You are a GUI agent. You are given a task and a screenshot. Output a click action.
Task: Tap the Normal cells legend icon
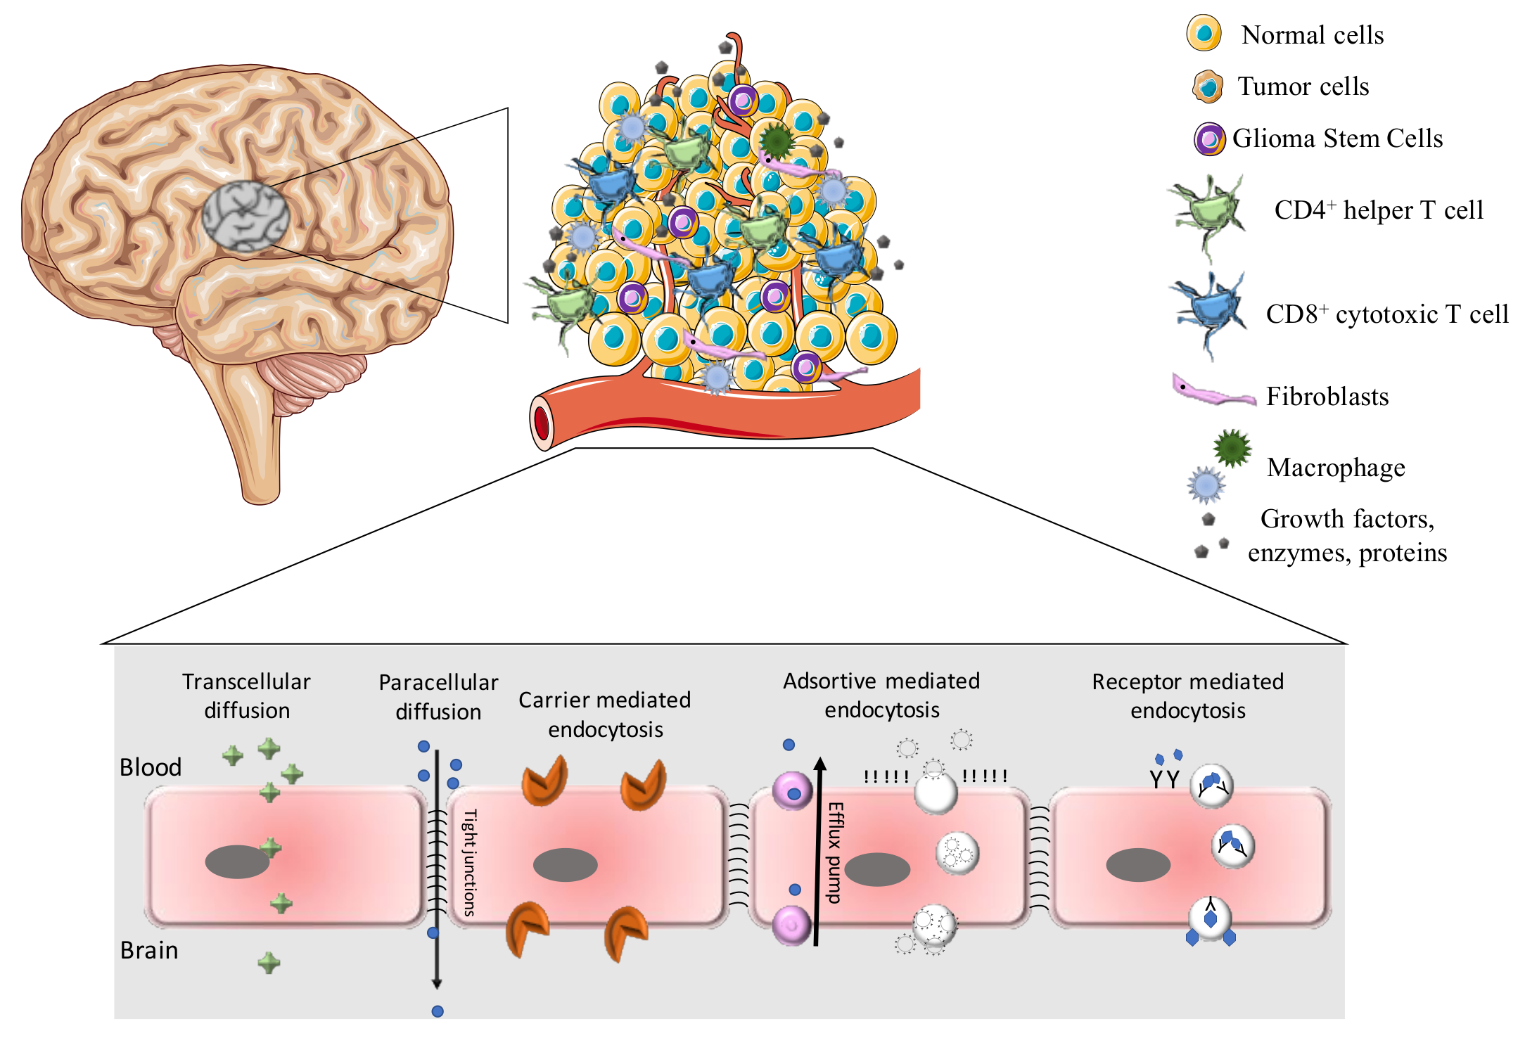click(x=1204, y=33)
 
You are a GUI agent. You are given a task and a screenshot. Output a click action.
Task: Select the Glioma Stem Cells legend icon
click(x=1209, y=139)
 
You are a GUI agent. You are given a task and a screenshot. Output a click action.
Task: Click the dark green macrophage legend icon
click(x=1232, y=448)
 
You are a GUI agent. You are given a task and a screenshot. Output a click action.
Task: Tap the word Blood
click(x=151, y=767)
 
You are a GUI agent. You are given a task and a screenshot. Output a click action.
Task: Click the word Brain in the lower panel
click(x=149, y=951)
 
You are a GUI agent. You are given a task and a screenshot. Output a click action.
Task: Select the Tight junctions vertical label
click(x=470, y=862)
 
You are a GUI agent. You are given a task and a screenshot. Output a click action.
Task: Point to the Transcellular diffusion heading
click(x=246, y=696)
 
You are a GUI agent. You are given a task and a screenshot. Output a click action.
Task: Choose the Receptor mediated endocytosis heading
click(x=1187, y=696)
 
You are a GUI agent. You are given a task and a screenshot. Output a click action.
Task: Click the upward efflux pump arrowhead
click(x=819, y=764)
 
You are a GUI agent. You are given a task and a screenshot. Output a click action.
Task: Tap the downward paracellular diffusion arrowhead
click(x=436, y=984)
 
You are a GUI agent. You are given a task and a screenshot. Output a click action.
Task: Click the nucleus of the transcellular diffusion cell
click(x=237, y=861)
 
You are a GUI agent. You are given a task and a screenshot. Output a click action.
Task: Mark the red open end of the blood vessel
click(x=542, y=423)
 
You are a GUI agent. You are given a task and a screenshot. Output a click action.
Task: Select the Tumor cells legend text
click(x=1303, y=86)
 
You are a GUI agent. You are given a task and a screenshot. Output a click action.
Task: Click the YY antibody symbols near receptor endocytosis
click(x=1164, y=779)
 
